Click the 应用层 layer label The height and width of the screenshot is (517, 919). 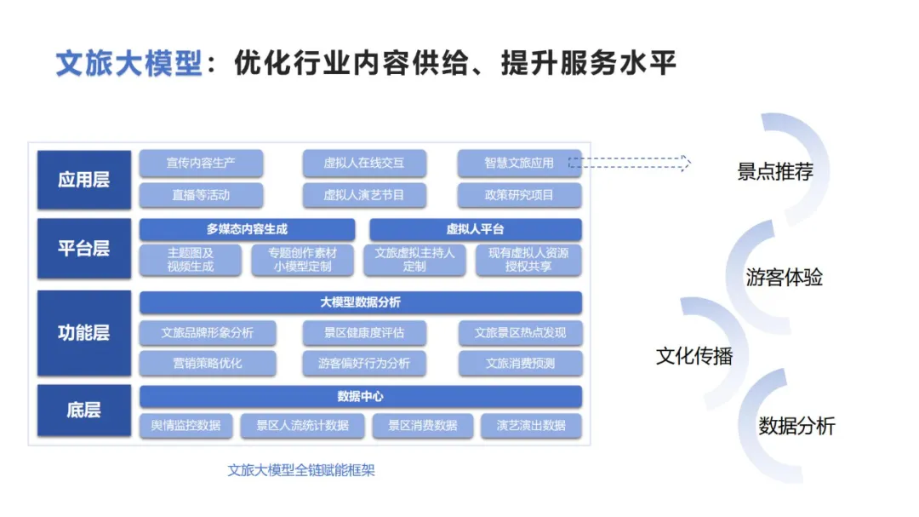[x=83, y=180]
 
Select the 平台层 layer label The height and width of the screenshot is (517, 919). [x=83, y=248]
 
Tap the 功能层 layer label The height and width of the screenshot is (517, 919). [x=83, y=332]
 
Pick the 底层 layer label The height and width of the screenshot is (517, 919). [x=83, y=410]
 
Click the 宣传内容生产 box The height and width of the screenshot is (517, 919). [x=201, y=163]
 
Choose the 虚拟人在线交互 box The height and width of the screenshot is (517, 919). [x=363, y=163]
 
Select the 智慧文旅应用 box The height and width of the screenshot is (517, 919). [x=519, y=163]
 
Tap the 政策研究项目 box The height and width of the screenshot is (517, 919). [x=519, y=195]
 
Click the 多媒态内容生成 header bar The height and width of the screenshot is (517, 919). [x=247, y=229]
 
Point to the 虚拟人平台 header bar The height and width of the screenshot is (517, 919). [x=475, y=229]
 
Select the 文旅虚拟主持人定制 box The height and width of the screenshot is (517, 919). [x=414, y=260]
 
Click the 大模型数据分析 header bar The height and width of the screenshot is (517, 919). [x=360, y=302]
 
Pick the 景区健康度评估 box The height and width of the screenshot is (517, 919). [x=363, y=332]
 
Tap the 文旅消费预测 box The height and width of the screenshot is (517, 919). [x=520, y=363]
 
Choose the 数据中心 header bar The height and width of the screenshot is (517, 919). [x=360, y=396]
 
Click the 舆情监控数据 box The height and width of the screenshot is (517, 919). [x=186, y=425]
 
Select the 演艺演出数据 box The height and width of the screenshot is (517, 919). [x=531, y=425]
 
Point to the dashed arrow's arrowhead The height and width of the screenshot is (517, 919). [x=686, y=163]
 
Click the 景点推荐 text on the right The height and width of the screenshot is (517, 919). [x=774, y=171]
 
